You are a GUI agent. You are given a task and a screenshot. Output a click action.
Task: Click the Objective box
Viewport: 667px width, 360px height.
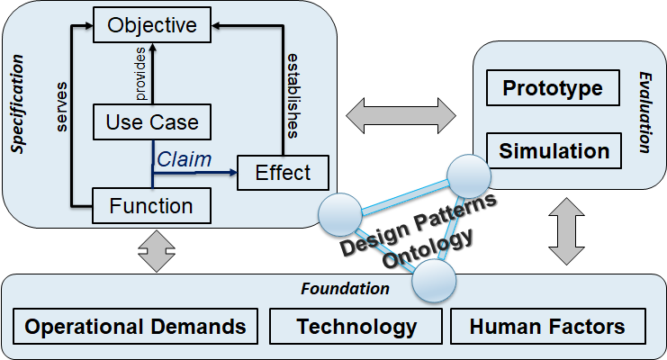tap(151, 25)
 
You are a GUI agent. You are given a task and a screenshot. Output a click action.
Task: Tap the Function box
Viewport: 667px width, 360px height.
tap(151, 206)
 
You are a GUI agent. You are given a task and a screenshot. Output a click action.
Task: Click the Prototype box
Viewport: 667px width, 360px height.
tap(552, 89)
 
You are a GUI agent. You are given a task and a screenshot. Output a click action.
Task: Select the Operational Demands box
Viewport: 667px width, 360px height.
tap(136, 326)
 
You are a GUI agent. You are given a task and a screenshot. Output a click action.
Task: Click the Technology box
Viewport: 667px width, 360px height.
tap(356, 326)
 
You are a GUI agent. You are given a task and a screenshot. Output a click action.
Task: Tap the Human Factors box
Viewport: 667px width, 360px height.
tap(546, 326)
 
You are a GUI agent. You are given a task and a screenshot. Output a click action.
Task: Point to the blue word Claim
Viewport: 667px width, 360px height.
tap(184, 158)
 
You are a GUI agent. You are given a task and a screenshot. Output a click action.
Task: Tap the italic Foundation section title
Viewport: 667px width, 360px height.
tap(345, 289)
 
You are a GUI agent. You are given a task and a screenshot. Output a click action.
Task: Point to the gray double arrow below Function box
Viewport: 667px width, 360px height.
tap(152, 247)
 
